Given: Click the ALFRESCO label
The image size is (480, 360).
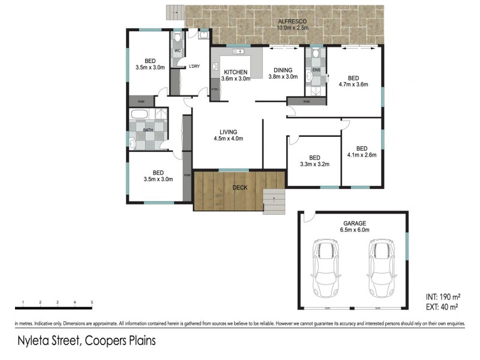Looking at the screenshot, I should click(x=292, y=20).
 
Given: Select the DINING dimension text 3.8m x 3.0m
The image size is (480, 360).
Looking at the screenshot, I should click(x=283, y=77).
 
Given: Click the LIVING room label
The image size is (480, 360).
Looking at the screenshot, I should click(x=228, y=132).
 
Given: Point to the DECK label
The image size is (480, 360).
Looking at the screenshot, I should click(x=240, y=188).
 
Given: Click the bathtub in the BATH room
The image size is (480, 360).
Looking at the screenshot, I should click(x=139, y=115).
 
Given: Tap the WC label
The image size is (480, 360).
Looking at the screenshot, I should click(x=178, y=50).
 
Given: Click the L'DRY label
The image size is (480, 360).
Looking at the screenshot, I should click(x=194, y=66).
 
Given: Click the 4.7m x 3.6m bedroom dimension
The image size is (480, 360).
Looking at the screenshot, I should click(x=353, y=85).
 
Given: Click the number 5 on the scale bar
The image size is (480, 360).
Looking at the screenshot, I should click(x=92, y=302).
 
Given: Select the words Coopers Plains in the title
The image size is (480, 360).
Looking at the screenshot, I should click(x=124, y=341).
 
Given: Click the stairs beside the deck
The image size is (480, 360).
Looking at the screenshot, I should click(x=274, y=203).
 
